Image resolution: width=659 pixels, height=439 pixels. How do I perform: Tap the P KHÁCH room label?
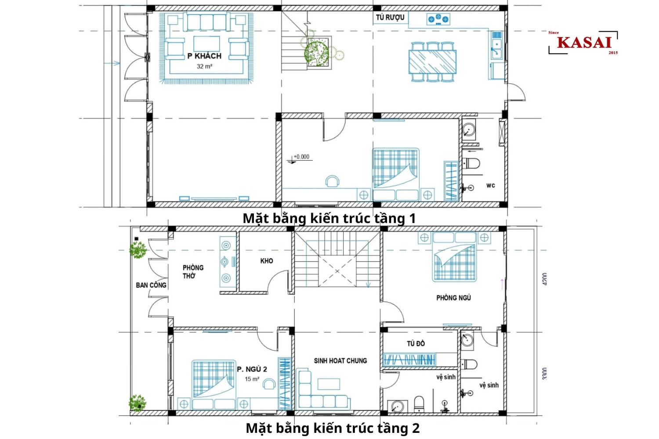[204, 56]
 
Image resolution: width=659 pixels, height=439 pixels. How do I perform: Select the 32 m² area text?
[204, 66]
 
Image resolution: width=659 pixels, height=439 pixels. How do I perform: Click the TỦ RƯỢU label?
[390, 18]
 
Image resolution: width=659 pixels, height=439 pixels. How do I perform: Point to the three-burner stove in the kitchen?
[438, 19]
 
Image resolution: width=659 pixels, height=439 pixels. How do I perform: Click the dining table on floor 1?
[433, 62]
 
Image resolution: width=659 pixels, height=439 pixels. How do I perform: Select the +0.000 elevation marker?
[301, 157]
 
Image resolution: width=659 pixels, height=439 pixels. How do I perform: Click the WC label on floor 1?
[490, 185]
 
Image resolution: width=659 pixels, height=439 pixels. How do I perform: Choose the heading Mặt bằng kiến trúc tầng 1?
[329, 218]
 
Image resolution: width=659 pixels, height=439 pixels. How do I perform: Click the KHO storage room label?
[266, 261]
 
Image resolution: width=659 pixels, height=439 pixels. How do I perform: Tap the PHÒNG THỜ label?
[193, 271]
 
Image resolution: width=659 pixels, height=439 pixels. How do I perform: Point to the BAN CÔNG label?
[151, 285]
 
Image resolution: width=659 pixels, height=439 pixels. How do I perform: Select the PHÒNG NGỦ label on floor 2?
[453, 298]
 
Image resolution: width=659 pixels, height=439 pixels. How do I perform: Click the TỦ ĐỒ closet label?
[416, 343]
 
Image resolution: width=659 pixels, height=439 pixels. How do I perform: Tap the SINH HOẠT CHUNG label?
[340, 360]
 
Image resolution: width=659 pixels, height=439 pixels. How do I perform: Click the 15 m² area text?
[252, 379]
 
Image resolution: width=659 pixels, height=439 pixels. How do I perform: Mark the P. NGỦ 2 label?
[252, 369]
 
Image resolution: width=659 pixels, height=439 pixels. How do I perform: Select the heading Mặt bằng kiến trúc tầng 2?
[333, 428]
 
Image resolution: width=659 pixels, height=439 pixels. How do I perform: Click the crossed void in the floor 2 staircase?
[337, 271]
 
